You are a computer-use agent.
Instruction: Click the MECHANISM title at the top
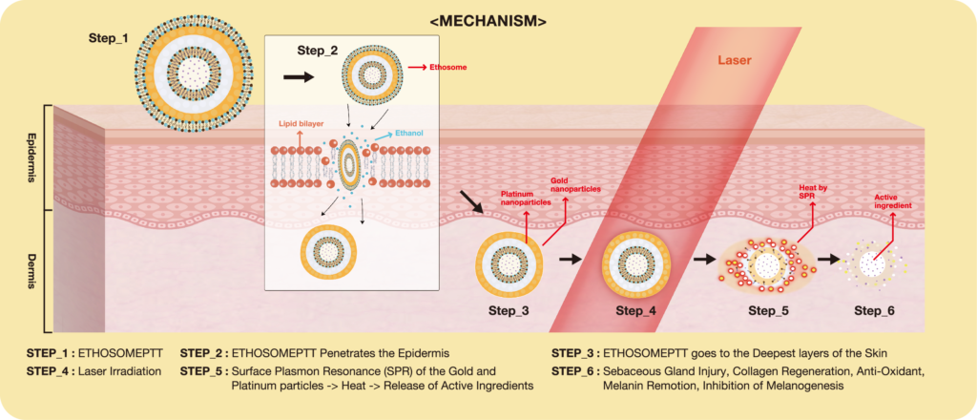pos(488,18)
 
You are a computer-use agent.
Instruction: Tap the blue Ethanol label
pos(410,136)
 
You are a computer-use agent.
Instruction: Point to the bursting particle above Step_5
pos(767,262)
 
